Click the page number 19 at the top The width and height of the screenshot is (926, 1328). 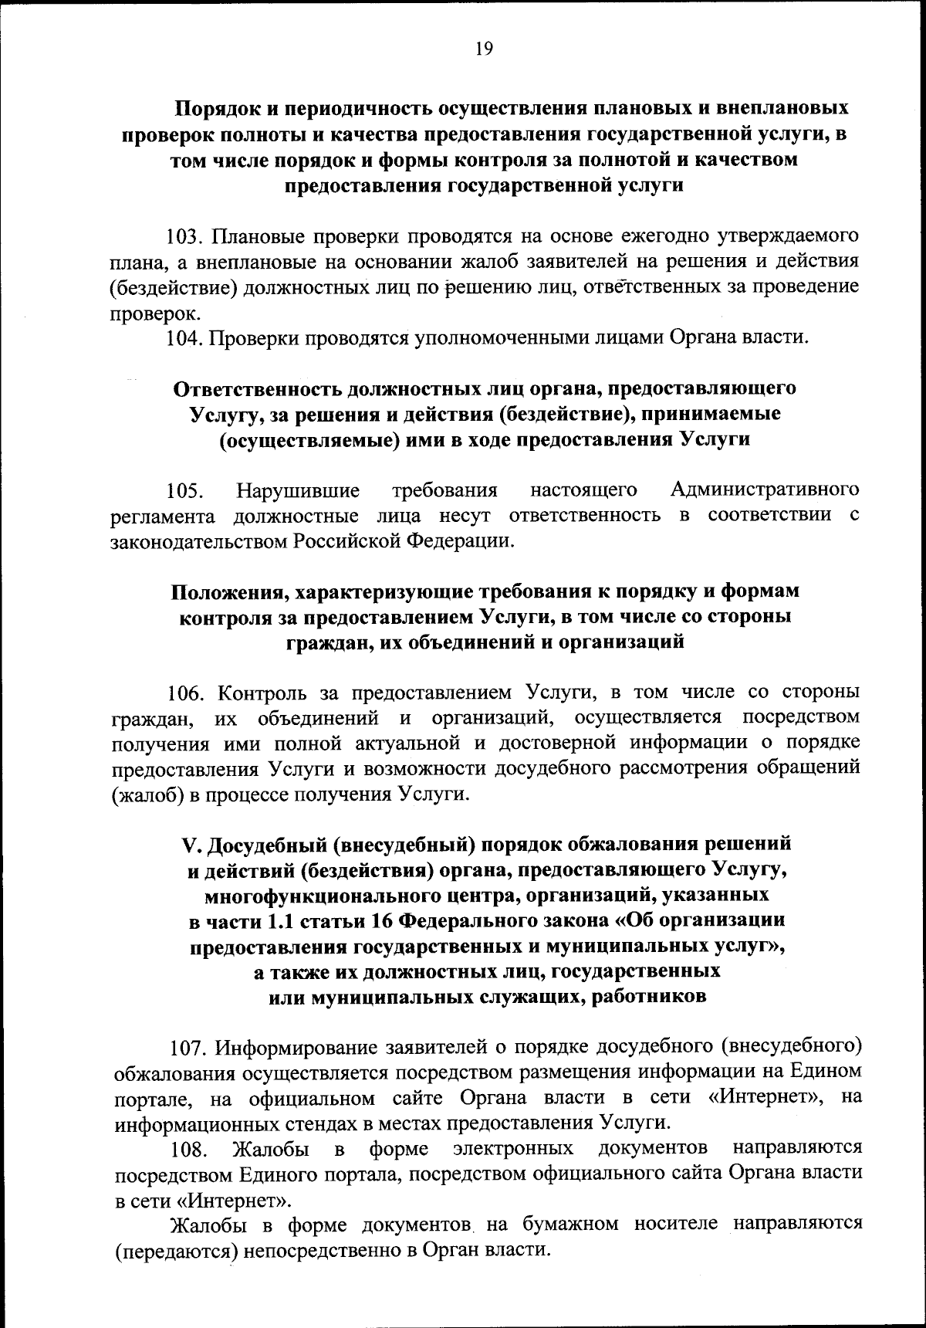(x=484, y=49)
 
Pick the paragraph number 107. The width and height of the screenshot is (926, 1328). (x=189, y=1047)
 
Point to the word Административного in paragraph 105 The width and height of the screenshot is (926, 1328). (x=765, y=490)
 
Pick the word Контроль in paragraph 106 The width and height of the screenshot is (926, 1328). (x=264, y=692)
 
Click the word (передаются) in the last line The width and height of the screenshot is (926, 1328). (x=174, y=1251)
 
